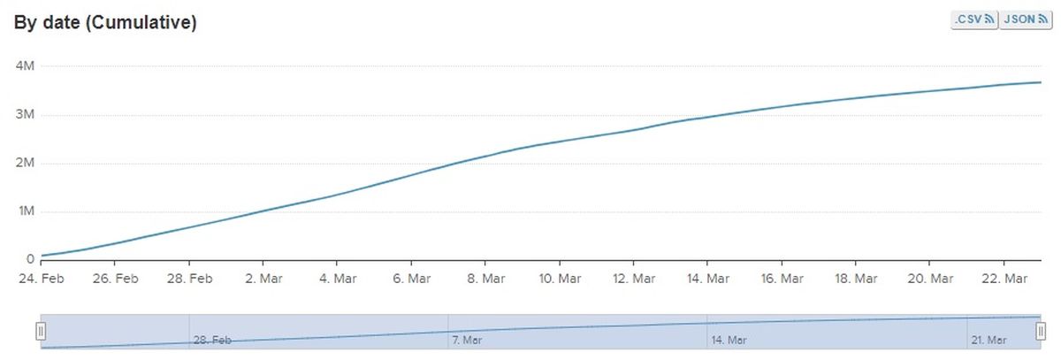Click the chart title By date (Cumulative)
click(104, 24)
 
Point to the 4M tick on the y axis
click(25, 66)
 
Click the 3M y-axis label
click(25, 115)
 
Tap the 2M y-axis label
click(25, 164)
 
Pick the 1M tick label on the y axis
click(25, 212)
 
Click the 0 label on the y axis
click(30, 260)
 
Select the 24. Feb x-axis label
click(42, 279)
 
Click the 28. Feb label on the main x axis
click(189, 279)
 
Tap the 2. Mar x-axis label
click(263, 279)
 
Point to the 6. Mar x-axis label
click(410, 279)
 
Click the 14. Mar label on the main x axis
click(706, 279)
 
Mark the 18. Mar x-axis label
click(854, 279)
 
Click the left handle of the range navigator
click(40, 332)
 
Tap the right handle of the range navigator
click(1041, 332)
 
